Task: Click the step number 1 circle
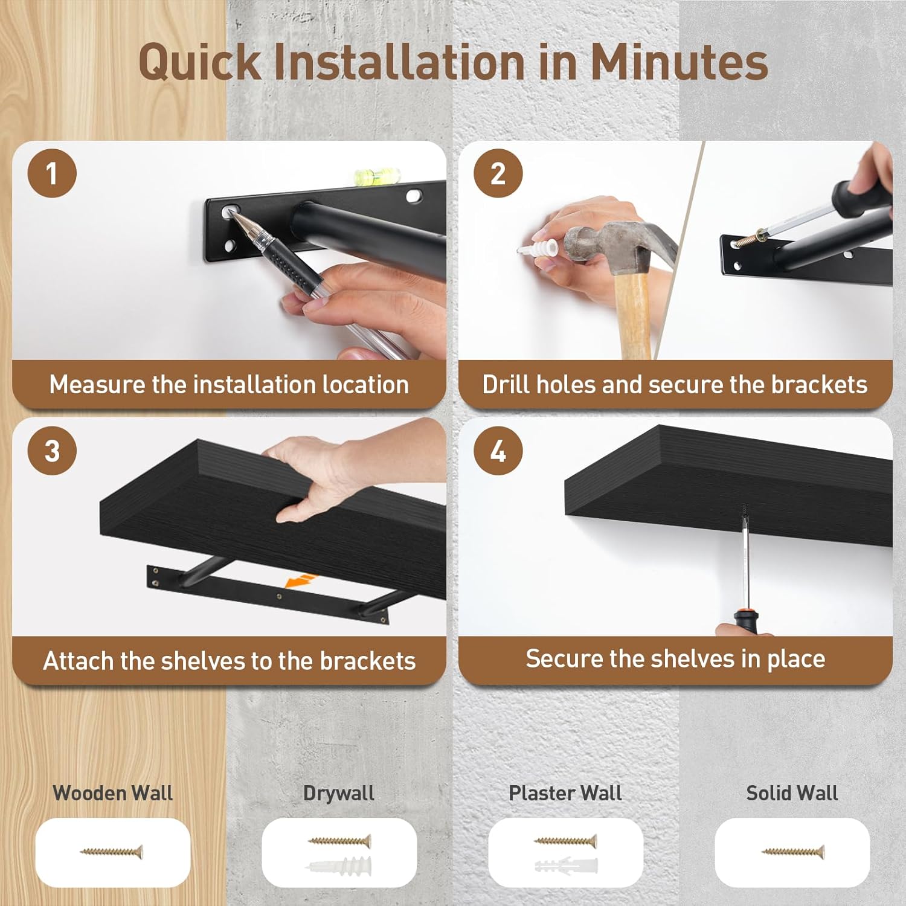click(x=52, y=173)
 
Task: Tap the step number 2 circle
click(x=498, y=173)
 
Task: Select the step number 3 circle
click(x=52, y=450)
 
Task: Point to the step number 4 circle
click(x=498, y=450)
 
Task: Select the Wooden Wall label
click(x=113, y=793)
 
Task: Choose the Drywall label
click(x=339, y=793)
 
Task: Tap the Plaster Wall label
click(x=565, y=793)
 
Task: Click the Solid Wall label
click(x=792, y=793)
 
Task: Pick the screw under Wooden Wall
click(x=112, y=852)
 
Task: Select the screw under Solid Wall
click(x=792, y=852)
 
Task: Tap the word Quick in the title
click(x=199, y=63)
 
